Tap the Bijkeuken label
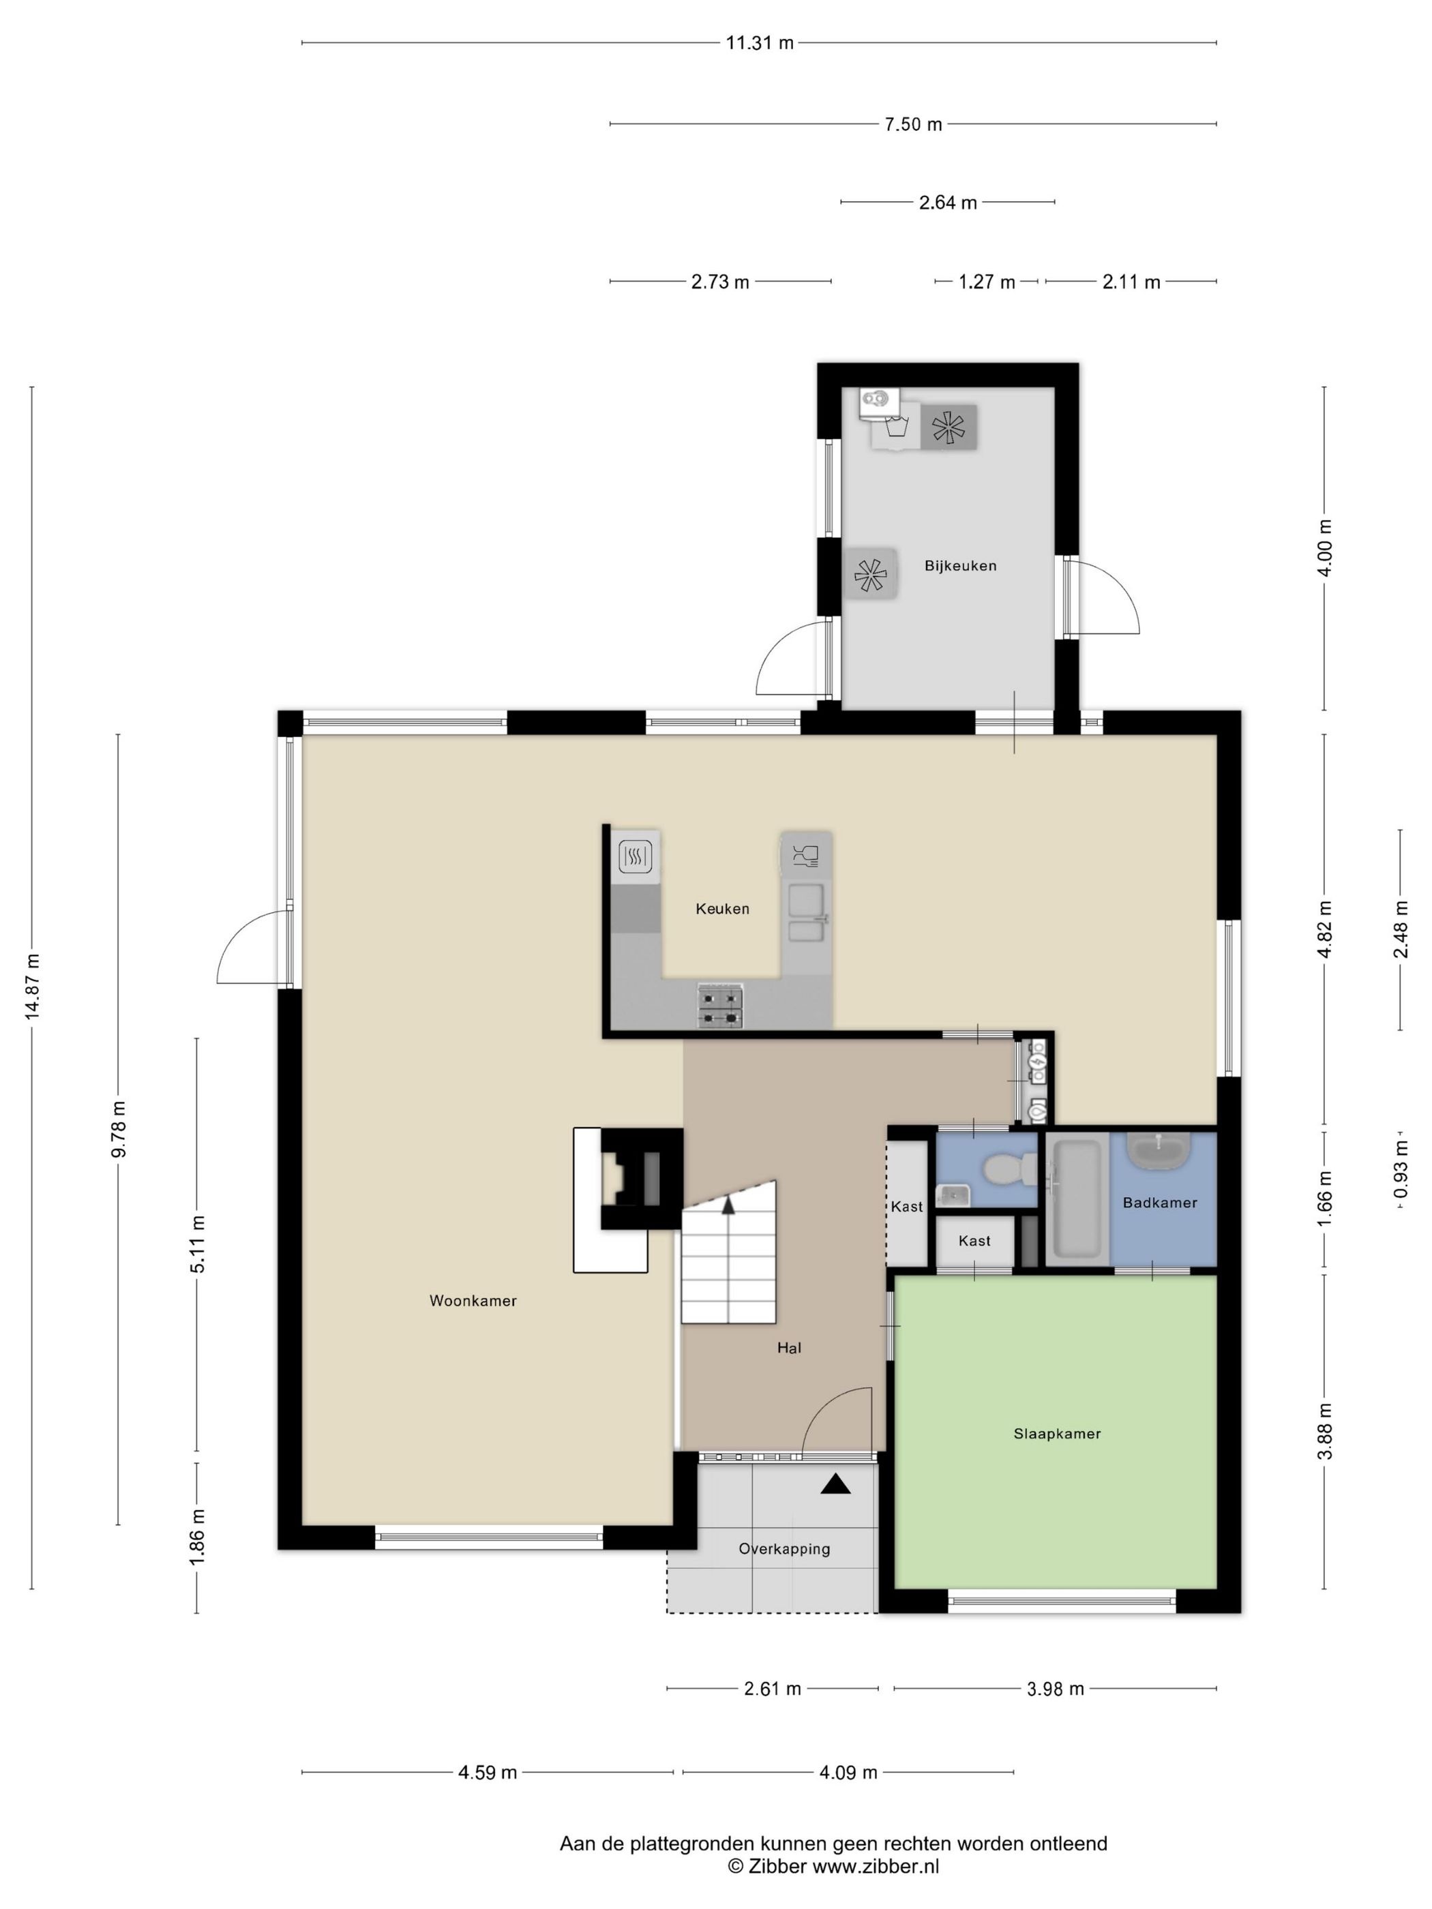pyautogui.click(x=960, y=566)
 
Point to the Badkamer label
pyautogui.click(x=1159, y=1202)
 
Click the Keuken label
pyautogui.click(x=722, y=908)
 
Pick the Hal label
pyautogui.click(x=789, y=1347)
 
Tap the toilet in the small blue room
pyautogui.click(x=1008, y=1169)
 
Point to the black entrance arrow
pyautogui.click(x=835, y=1484)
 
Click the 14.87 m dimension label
pyautogui.click(x=33, y=987)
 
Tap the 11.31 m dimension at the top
pyautogui.click(x=760, y=43)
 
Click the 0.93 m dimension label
pyautogui.click(x=1400, y=1169)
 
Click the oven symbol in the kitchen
pyautogui.click(x=636, y=857)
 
